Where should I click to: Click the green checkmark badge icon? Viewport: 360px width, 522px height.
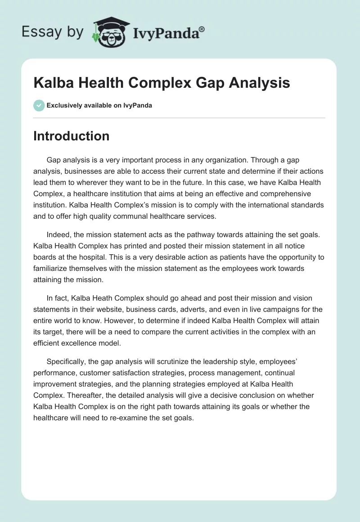[x=39, y=105]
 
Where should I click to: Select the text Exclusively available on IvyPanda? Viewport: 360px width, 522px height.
[x=99, y=106]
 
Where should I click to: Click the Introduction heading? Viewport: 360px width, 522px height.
[x=71, y=136]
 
